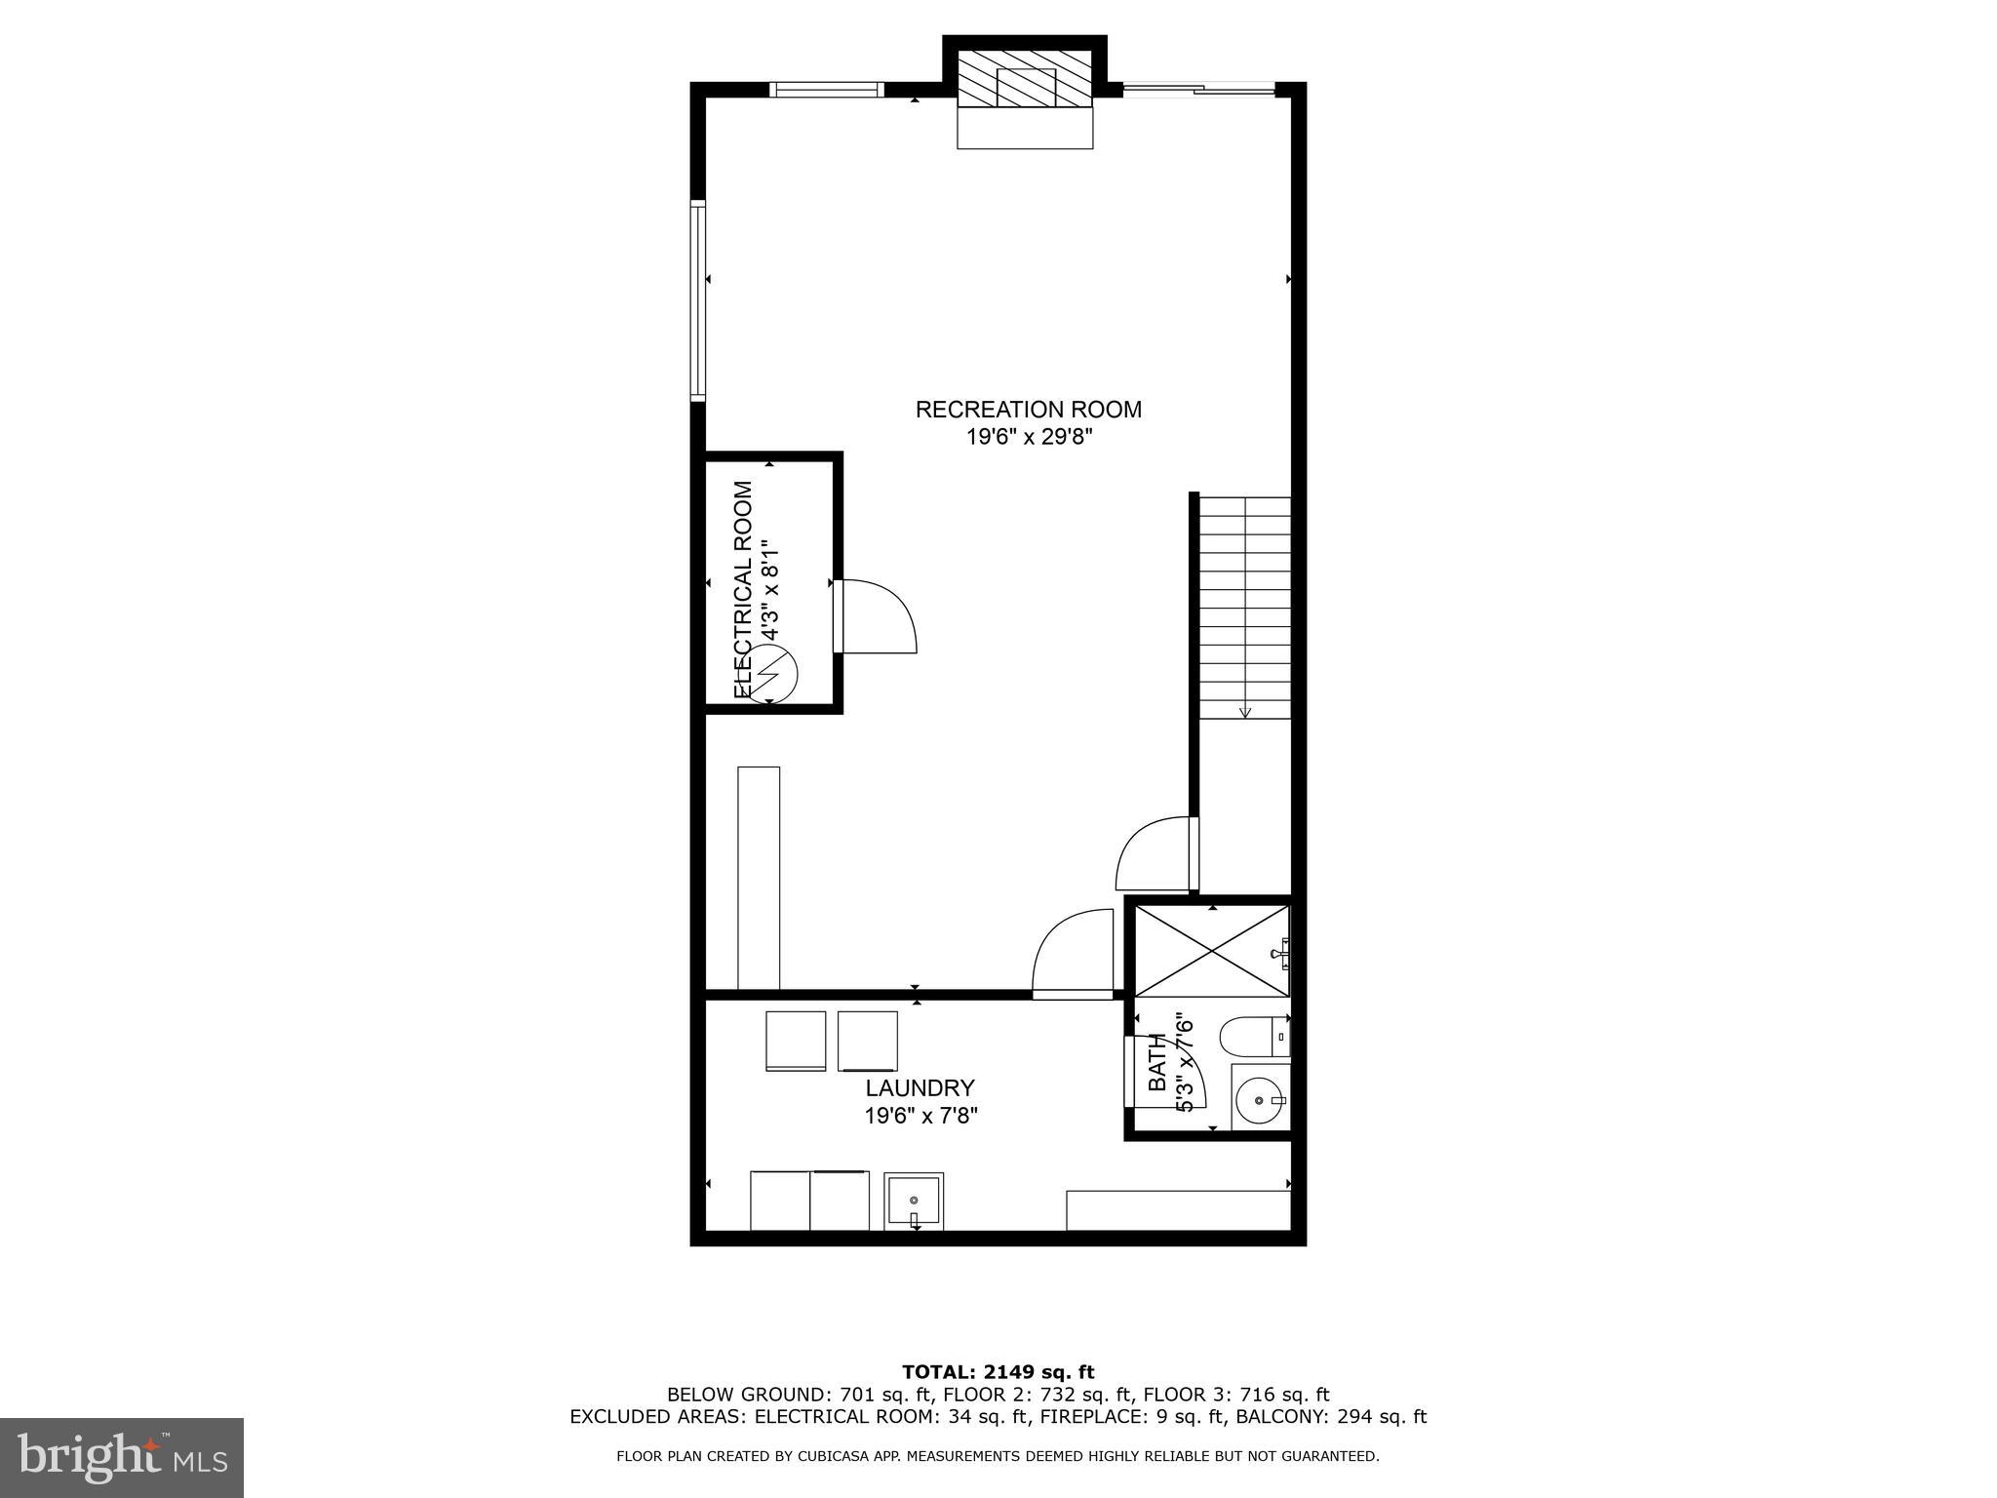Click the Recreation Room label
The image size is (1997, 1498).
click(x=1028, y=410)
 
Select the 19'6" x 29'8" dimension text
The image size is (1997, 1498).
click(x=1028, y=437)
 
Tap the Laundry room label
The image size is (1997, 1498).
click(x=920, y=1087)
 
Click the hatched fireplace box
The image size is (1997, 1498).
click(x=1025, y=79)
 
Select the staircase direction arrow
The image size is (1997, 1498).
click(x=1244, y=711)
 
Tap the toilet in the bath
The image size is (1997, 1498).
click(x=1254, y=1037)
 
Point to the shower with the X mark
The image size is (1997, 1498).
click(x=1212, y=951)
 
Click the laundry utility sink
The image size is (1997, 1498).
click(x=914, y=1201)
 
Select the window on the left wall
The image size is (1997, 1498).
click(x=697, y=300)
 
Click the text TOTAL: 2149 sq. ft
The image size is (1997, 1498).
click(x=998, y=1372)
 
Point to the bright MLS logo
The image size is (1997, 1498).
click(x=122, y=1456)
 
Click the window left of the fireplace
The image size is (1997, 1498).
click(x=826, y=90)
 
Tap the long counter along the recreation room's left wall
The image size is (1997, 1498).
click(x=759, y=878)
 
